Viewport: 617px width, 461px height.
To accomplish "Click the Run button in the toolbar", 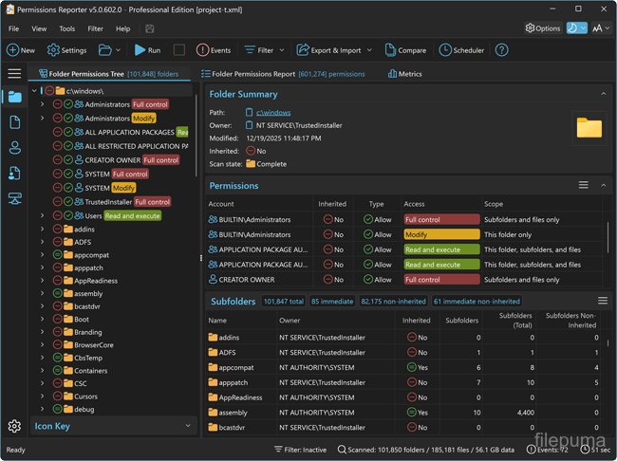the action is click(147, 50).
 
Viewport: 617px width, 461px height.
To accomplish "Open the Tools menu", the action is click(66, 28).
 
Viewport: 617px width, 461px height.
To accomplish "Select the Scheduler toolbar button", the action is click(461, 50).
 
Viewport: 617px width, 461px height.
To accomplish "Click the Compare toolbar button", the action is click(405, 50).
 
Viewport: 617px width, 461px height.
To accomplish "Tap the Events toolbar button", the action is click(214, 50).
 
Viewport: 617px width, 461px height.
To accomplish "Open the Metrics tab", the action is click(405, 74).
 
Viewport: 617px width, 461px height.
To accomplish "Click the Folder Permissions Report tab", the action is click(283, 74).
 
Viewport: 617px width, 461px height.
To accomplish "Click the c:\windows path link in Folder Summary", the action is click(273, 113).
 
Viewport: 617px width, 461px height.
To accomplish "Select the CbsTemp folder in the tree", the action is click(88, 358).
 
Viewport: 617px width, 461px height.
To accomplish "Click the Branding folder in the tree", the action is click(87, 332).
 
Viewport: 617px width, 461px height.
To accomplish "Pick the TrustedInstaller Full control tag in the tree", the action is click(152, 202).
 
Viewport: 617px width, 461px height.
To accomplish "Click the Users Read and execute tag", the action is click(132, 216).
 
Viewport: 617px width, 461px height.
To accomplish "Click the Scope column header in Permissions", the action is click(494, 204).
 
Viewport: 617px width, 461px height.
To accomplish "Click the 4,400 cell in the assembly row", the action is click(526, 413).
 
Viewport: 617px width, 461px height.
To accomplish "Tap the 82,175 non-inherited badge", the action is click(394, 302).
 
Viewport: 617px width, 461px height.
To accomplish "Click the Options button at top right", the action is click(543, 28).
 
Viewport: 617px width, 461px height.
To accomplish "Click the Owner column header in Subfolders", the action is click(290, 321).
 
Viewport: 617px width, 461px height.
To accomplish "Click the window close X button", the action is click(604, 9).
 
